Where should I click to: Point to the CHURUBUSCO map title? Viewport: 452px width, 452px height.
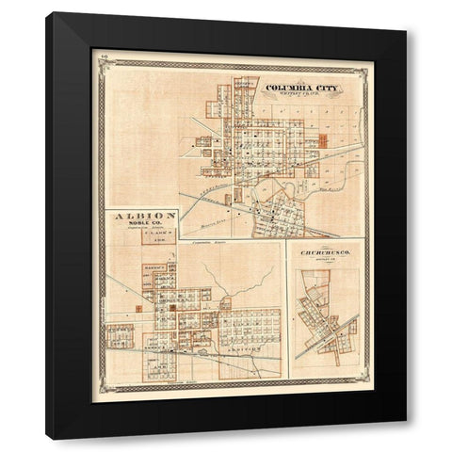(x=327, y=253)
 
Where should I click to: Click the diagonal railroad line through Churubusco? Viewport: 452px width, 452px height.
(x=330, y=334)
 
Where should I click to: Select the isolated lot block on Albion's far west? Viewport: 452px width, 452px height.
(x=120, y=333)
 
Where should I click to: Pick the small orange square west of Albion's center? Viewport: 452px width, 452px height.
(x=137, y=308)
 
